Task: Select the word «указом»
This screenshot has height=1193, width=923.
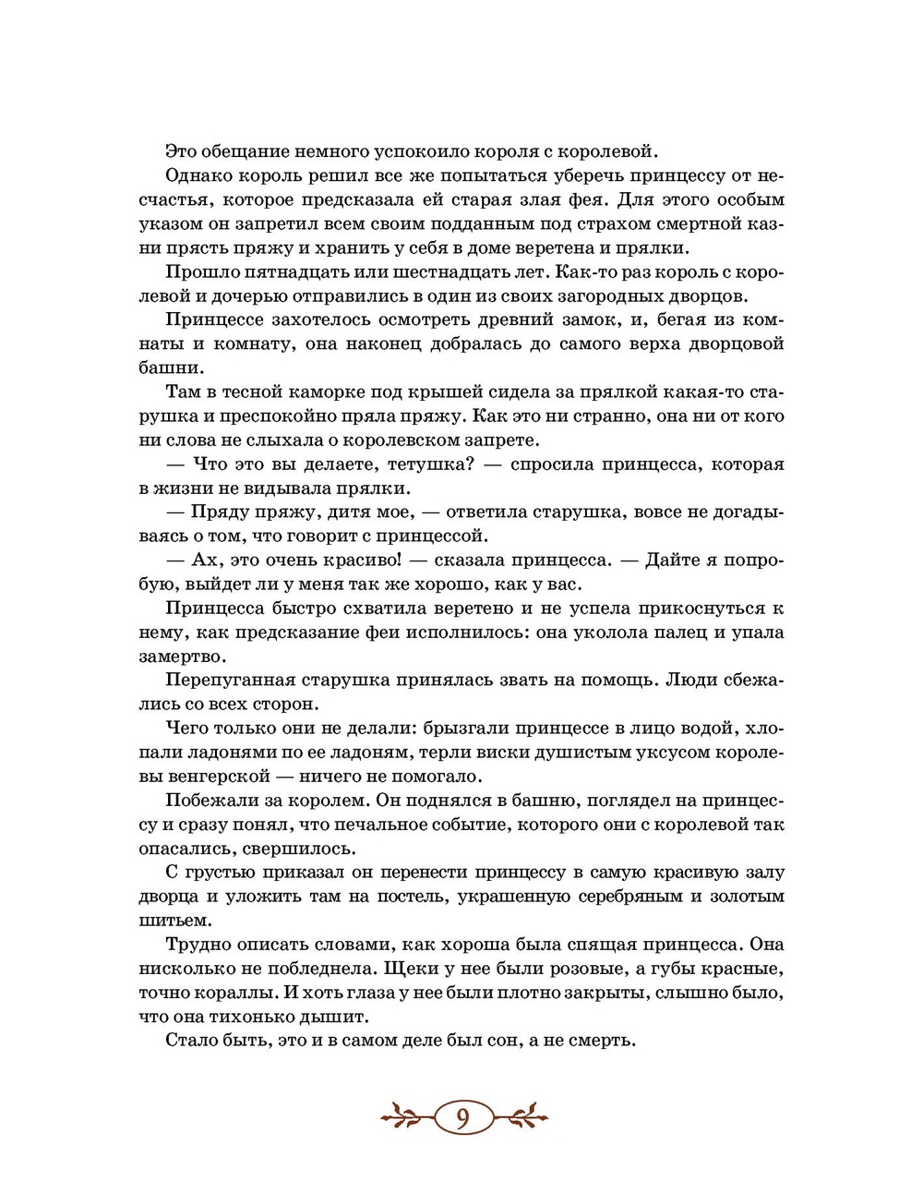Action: click(x=171, y=223)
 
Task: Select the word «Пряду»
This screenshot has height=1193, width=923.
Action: click(x=217, y=512)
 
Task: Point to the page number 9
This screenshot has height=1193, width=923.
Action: click(x=462, y=1117)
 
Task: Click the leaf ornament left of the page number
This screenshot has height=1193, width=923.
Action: click(x=407, y=1116)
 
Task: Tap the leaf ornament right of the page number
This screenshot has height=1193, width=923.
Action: click(x=520, y=1116)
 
